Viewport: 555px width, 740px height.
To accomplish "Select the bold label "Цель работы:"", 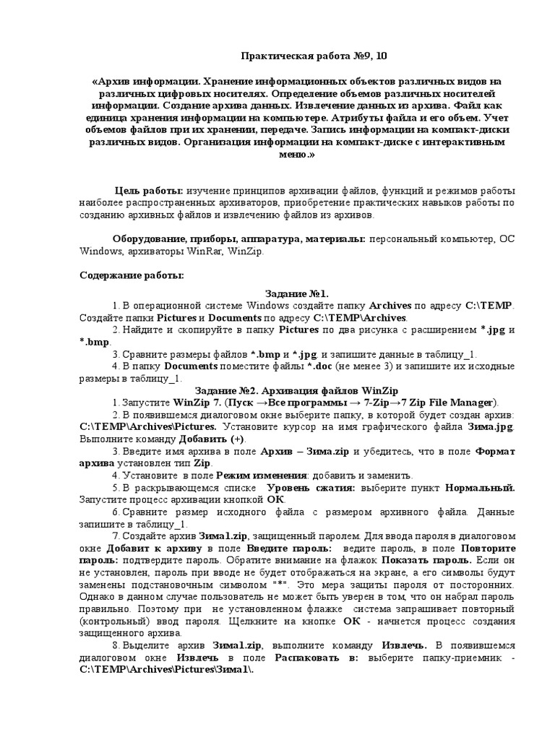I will point(149,190).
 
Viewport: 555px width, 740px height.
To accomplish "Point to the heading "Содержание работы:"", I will point(132,276).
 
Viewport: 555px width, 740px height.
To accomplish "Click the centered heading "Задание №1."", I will point(297,293).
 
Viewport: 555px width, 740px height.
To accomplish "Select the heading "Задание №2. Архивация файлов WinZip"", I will point(297,390).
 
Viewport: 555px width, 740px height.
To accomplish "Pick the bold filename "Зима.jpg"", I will point(489,427).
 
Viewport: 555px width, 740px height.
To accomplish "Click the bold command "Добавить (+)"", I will point(210,439).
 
